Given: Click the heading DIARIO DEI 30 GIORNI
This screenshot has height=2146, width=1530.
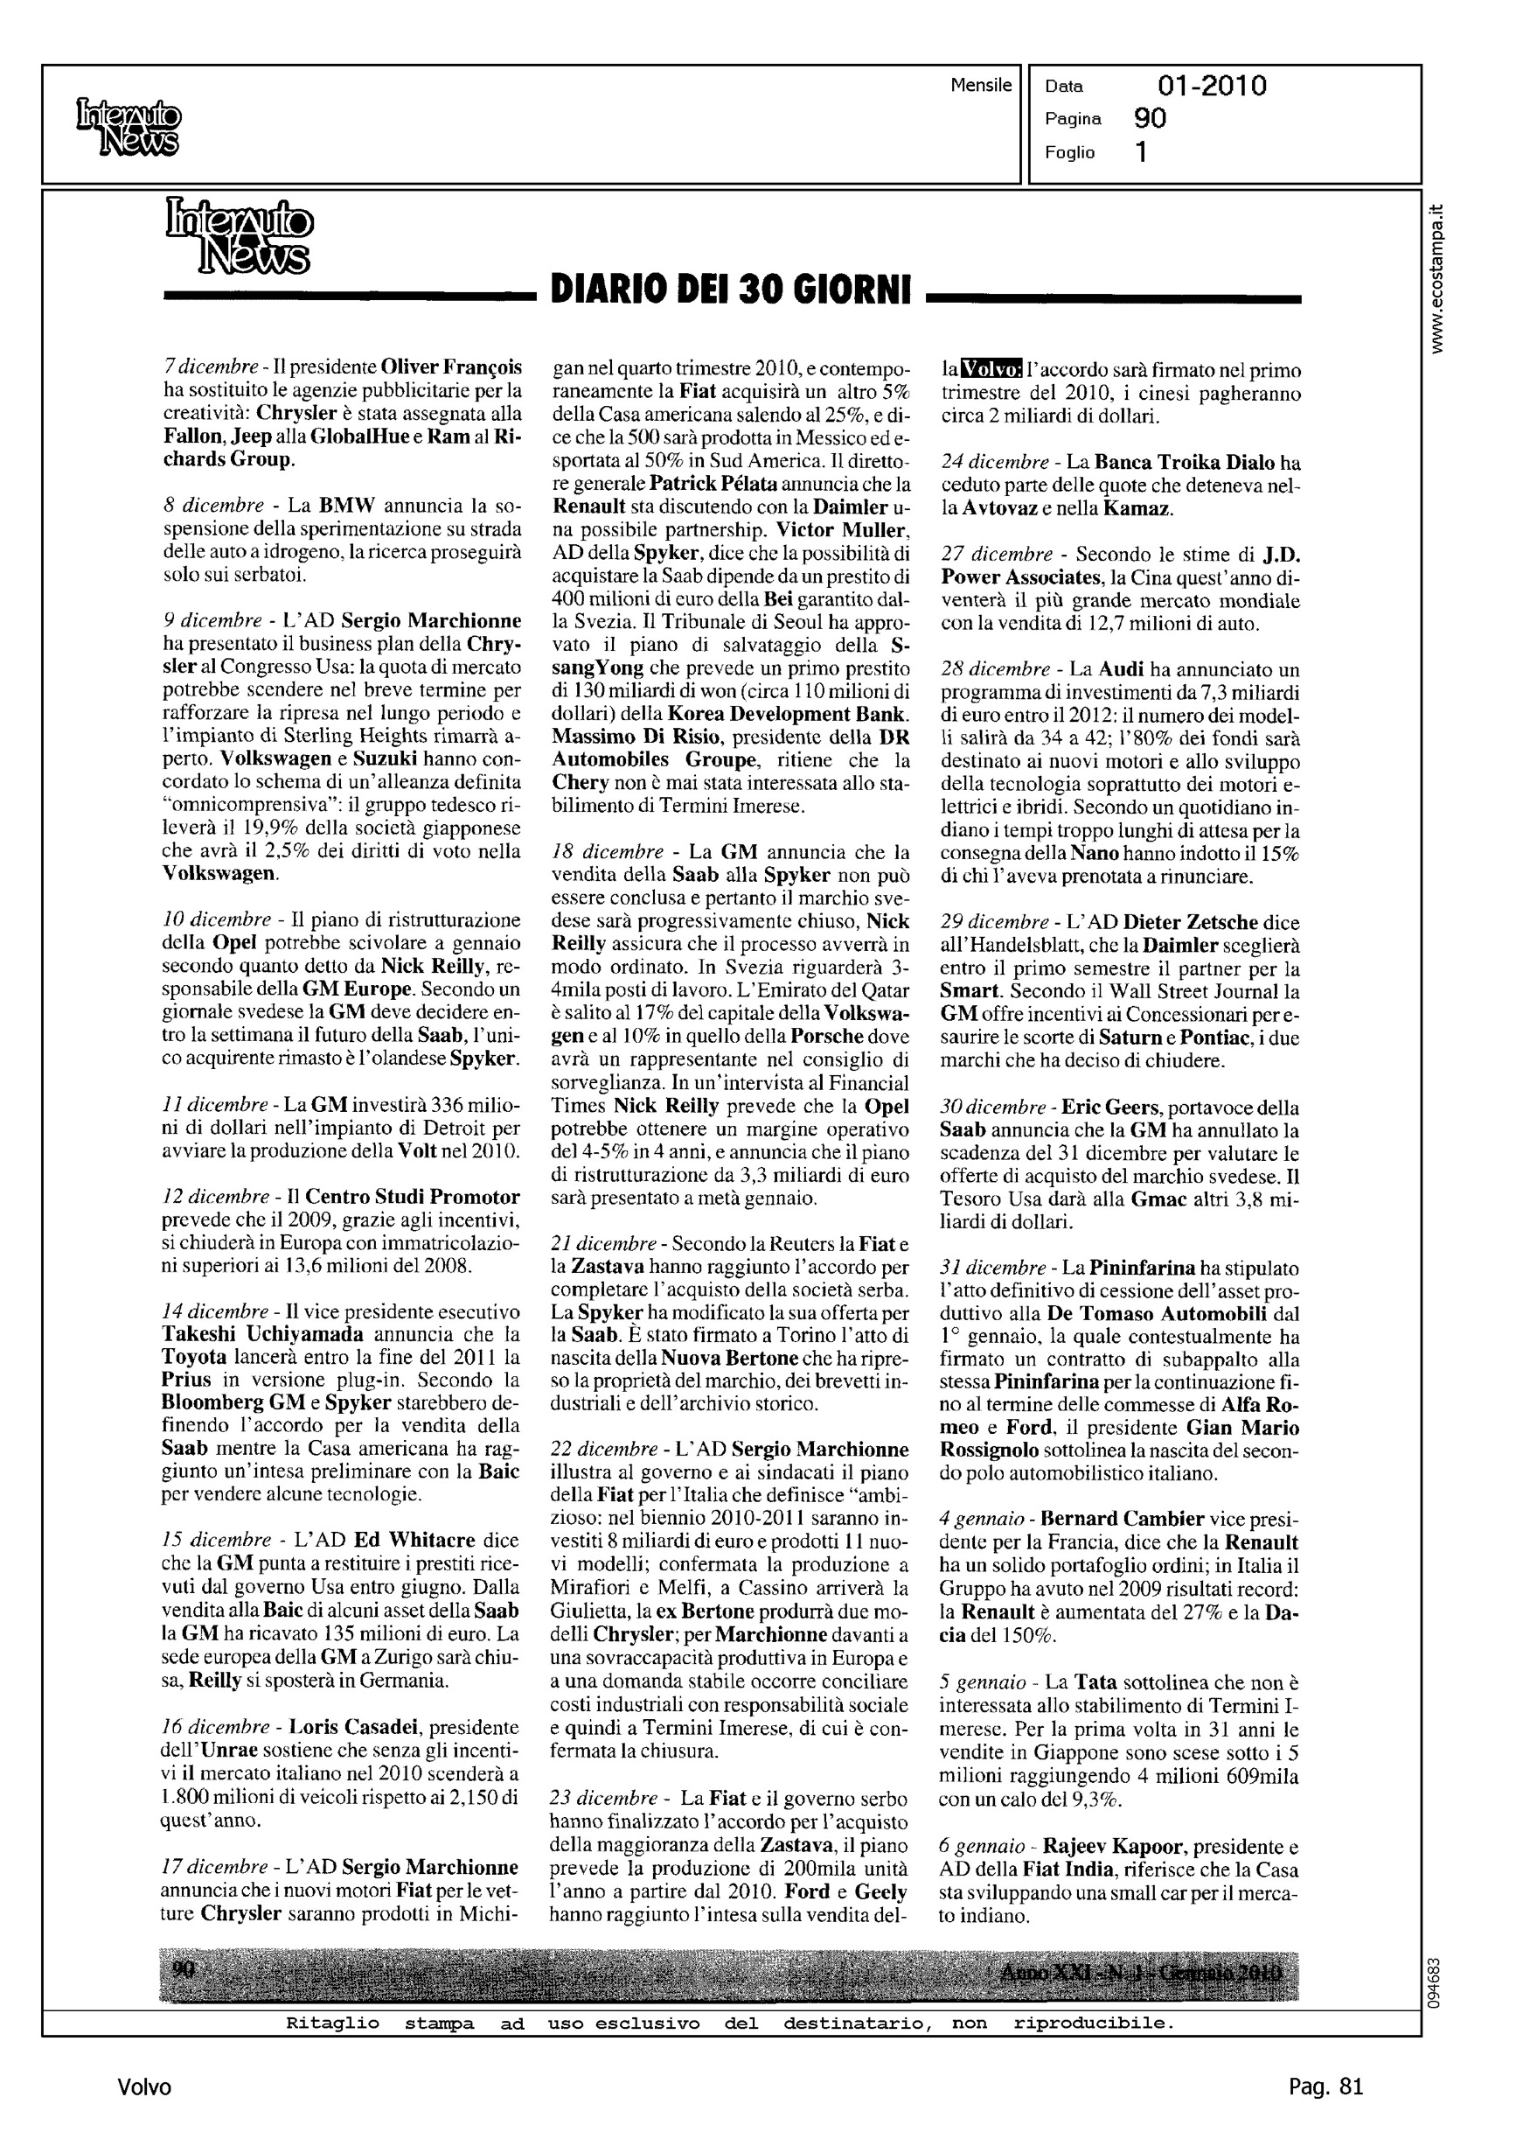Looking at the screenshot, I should pyautogui.click(x=730, y=290).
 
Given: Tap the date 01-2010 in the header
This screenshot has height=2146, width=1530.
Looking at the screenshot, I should pyautogui.click(x=1212, y=87).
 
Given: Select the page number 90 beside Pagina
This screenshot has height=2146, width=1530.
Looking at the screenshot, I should pyautogui.click(x=1151, y=119).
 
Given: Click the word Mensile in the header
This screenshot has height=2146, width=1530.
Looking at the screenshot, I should pyautogui.click(x=981, y=86).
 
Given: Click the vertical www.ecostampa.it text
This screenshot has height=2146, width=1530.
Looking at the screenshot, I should pyautogui.click(x=1436, y=279).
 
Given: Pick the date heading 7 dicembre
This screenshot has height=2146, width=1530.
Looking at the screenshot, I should pyautogui.click(x=210, y=367).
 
